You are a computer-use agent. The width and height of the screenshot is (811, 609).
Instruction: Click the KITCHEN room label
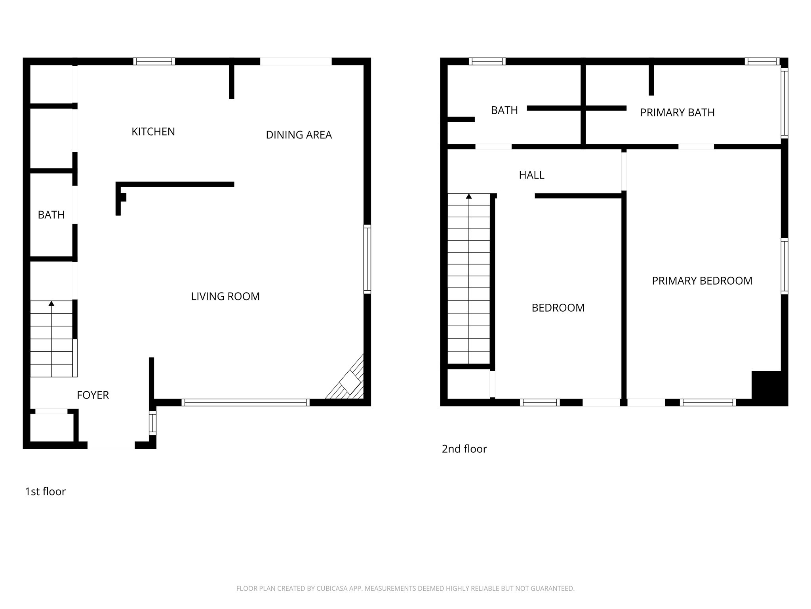pos(153,132)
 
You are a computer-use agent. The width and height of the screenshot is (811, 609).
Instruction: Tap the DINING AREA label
pos(299,135)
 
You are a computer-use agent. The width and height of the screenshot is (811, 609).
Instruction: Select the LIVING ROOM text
pos(225,296)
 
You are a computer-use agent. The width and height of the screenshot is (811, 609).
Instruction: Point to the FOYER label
pos(93,395)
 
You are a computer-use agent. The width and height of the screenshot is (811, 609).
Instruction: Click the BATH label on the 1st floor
pos(51,215)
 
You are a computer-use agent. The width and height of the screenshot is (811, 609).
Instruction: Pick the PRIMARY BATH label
pos(678,113)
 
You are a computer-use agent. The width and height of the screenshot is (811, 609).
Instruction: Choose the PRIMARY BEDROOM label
pos(702,281)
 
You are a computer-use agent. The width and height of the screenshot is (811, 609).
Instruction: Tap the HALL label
pos(532,175)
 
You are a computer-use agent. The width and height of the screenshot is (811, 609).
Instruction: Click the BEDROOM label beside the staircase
pos(558,308)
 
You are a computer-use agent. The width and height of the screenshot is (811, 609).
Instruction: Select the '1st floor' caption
pos(45,492)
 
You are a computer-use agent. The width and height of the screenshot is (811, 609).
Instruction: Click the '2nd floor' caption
pos(464,449)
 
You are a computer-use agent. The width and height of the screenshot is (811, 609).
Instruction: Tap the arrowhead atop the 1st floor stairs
pos(51,304)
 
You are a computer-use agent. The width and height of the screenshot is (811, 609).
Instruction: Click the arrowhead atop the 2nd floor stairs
pos(469,196)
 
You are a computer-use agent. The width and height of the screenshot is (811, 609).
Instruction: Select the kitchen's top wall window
pos(154,61)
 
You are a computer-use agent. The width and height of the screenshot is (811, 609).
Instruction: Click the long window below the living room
pos(246,402)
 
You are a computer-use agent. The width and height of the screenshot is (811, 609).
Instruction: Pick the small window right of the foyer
pos(152,423)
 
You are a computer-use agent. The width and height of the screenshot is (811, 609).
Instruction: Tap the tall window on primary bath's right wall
pos(784,103)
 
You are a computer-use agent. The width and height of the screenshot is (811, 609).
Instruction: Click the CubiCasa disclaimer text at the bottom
pos(405,589)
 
